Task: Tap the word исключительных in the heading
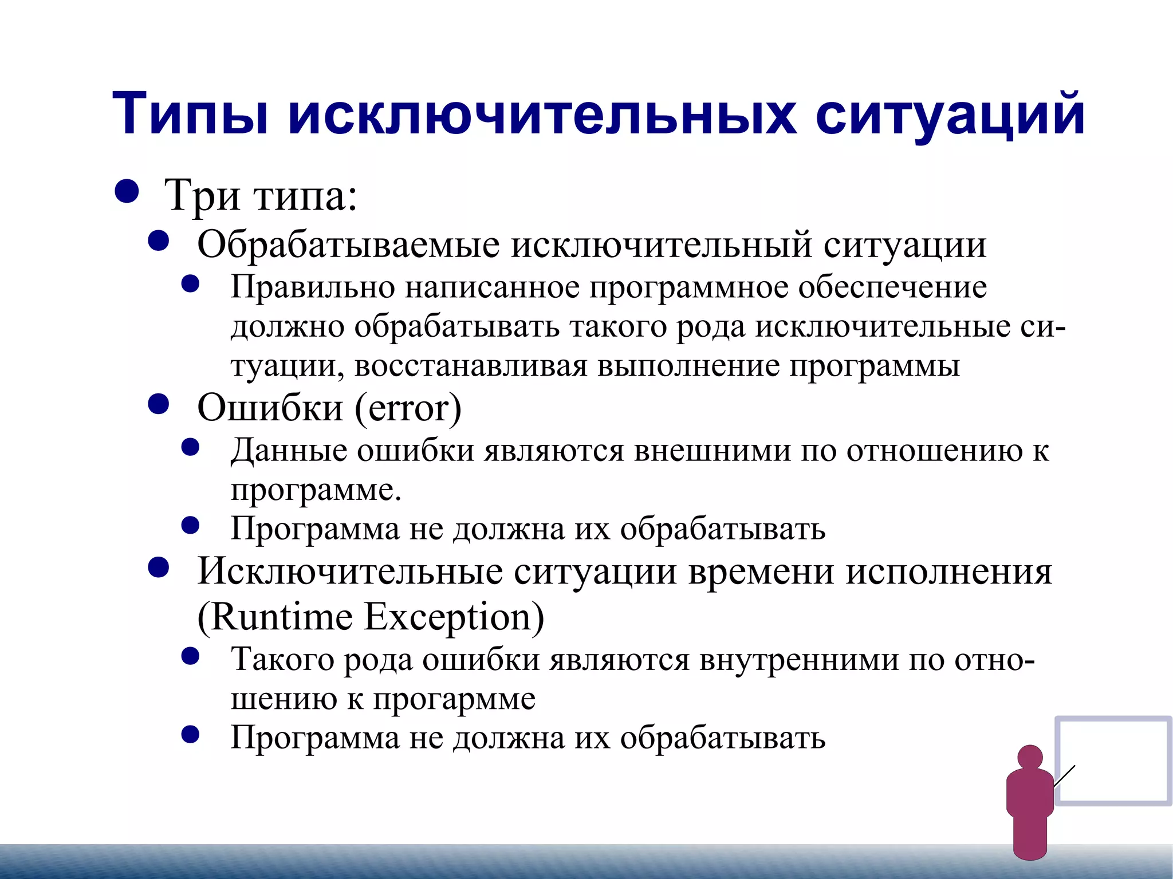(541, 114)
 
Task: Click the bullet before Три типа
(127, 192)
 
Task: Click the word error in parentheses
(408, 408)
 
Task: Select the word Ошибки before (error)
(270, 408)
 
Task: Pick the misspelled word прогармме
(454, 699)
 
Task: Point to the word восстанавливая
(471, 366)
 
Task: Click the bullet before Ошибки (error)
(159, 404)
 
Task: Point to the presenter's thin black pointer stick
(1064, 776)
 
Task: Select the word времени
(761, 571)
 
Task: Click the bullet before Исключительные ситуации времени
(159, 567)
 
